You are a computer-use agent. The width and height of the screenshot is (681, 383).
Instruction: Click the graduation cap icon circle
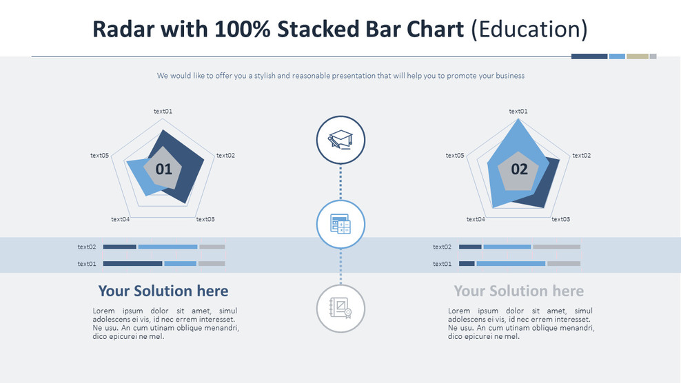pos(340,140)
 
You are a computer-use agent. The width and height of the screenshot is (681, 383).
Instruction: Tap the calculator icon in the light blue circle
pos(340,224)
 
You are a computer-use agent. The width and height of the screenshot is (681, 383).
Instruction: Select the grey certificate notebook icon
pos(340,308)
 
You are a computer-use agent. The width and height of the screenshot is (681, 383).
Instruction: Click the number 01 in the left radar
pos(164,169)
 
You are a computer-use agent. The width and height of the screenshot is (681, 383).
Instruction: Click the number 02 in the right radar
pos(519,169)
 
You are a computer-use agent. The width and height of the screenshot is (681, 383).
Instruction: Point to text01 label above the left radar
pos(163,111)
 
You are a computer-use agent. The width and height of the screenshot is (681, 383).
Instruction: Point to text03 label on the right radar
pos(560,219)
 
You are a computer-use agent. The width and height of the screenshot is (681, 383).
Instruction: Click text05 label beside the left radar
pos(100,155)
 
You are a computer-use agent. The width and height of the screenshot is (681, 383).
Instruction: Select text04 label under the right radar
pos(476,219)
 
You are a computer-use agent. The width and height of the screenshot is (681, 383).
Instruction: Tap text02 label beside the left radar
pos(225,155)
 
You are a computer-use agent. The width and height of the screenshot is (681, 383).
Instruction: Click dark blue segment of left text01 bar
pos(132,263)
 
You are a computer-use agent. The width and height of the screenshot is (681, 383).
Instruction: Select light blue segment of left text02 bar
pos(167,247)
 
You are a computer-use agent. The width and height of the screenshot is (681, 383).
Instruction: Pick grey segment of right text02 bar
pos(556,247)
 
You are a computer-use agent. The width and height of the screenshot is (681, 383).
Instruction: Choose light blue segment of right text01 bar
pos(511,263)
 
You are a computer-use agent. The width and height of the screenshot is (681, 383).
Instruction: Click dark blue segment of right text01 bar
pos(467,263)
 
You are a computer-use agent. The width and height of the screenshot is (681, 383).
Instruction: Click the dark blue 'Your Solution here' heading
pos(163,291)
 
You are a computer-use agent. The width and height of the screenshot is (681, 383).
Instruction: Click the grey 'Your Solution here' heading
pos(518,291)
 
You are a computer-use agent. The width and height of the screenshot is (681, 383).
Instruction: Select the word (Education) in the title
pos(529,30)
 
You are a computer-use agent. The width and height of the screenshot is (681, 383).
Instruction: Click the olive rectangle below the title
pos(637,56)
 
